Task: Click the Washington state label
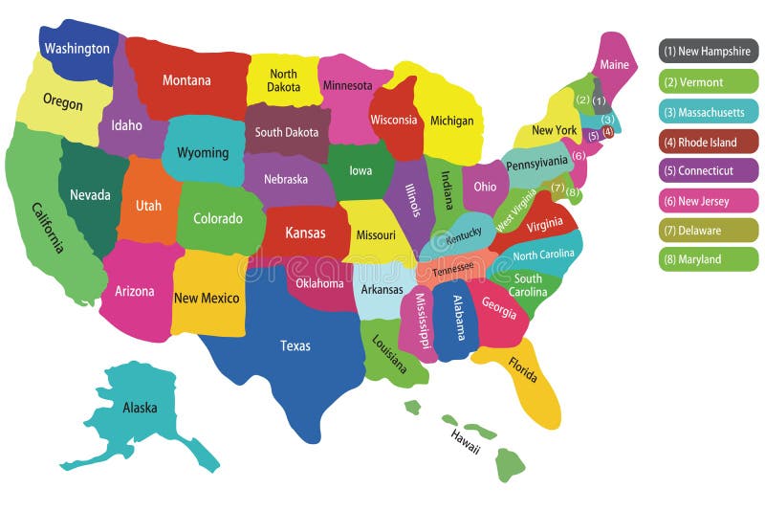pyautogui.click(x=77, y=48)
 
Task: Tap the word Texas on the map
pyautogui.click(x=295, y=345)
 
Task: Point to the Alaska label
pyautogui.click(x=140, y=408)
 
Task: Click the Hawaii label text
pyautogui.click(x=466, y=441)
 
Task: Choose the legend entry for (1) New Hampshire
pyautogui.click(x=708, y=52)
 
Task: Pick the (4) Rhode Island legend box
pyautogui.click(x=708, y=142)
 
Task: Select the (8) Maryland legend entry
pyautogui.click(x=708, y=259)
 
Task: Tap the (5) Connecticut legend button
pyautogui.click(x=708, y=171)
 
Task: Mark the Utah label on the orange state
pyautogui.click(x=148, y=206)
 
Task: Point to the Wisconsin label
pyautogui.click(x=394, y=120)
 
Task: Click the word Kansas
pyautogui.click(x=305, y=233)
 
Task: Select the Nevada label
pyautogui.click(x=90, y=194)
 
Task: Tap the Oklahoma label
pyautogui.click(x=318, y=283)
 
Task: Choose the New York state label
pyautogui.click(x=554, y=130)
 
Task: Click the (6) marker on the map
pyautogui.click(x=579, y=155)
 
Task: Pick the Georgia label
pyautogui.click(x=498, y=307)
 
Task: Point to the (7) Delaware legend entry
pyautogui.click(x=708, y=230)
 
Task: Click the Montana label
pyautogui.click(x=186, y=80)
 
